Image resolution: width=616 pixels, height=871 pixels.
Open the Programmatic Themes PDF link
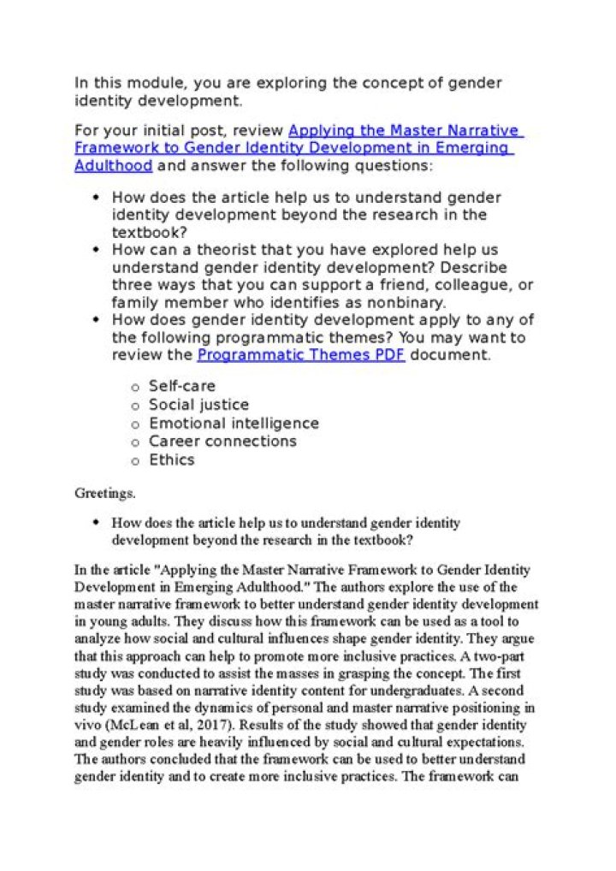[301, 354]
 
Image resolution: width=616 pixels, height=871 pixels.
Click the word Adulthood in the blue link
[113, 165]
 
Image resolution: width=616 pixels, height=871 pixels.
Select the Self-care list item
[181, 386]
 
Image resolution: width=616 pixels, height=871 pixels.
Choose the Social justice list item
[198, 405]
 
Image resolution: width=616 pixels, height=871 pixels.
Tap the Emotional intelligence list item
[234, 424]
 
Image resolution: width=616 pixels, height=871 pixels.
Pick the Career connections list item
[222, 441]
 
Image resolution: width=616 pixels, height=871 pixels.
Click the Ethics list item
[171, 460]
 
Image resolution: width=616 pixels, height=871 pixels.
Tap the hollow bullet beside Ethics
[134, 461]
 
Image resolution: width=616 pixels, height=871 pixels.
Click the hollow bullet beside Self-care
[134, 387]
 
